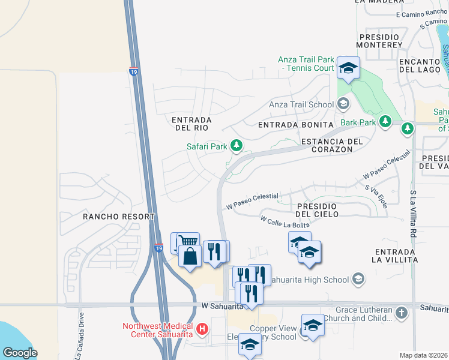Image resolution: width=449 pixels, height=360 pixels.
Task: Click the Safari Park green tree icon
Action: point(237,146)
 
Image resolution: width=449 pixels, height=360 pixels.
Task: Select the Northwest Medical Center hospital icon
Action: point(202,329)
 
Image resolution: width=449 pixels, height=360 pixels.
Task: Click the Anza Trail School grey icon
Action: point(343,105)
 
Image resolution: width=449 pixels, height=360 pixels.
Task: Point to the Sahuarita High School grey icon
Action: point(358,279)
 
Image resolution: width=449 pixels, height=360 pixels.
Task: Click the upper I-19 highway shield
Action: point(133,71)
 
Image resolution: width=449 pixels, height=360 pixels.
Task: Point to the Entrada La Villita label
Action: point(395,255)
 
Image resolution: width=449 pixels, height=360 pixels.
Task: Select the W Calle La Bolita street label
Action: point(285,221)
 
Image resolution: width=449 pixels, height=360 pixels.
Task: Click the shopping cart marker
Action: point(188,242)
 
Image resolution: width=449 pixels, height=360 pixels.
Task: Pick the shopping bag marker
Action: point(190,256)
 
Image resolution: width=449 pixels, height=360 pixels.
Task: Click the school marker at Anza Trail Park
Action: point(348,68)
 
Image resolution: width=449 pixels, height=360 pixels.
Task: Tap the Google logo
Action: point(20,353)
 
